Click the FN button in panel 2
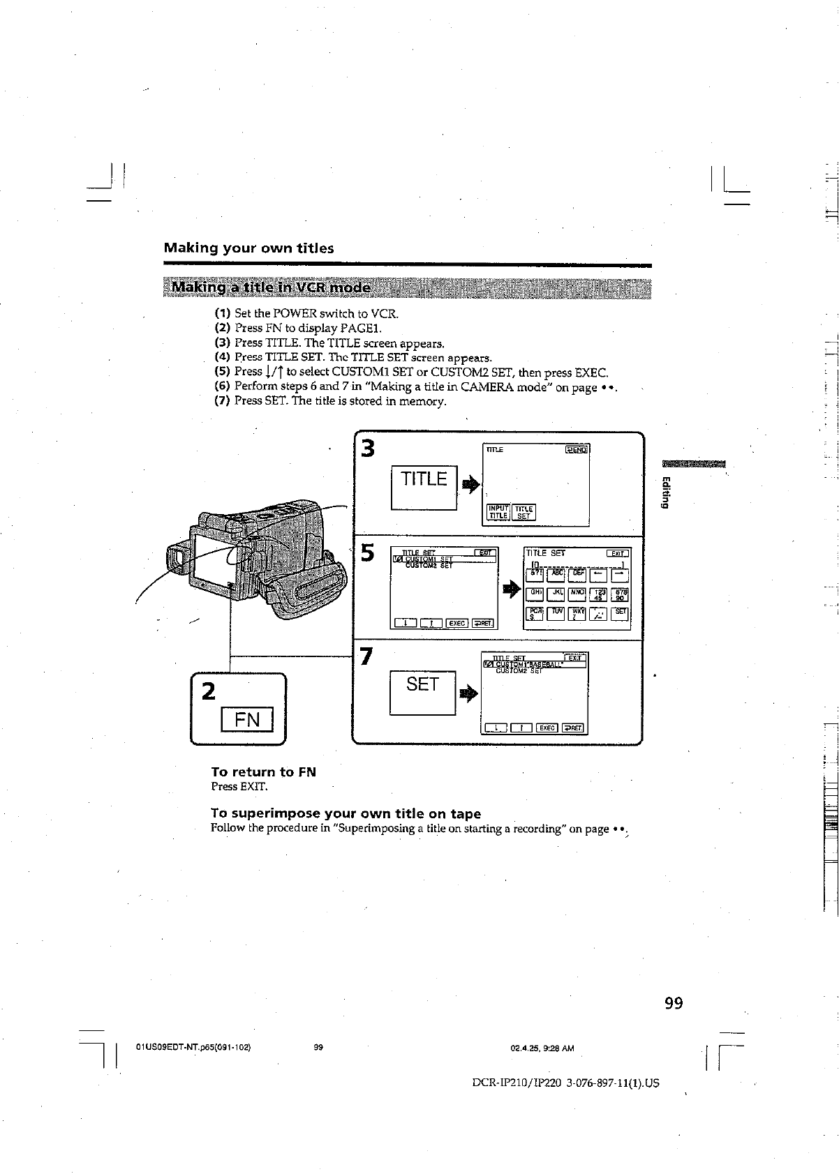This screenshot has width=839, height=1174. tap(247, 719)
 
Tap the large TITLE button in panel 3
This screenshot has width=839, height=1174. tap(424, 479)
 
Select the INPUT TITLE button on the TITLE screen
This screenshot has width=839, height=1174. tap(498, 513)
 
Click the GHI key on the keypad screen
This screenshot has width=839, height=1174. tap(536, 594)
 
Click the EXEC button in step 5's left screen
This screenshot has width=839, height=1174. tap(457, 623)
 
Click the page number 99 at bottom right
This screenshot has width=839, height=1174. tap(674, 1003)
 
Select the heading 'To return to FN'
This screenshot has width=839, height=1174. tap(263, 772)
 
